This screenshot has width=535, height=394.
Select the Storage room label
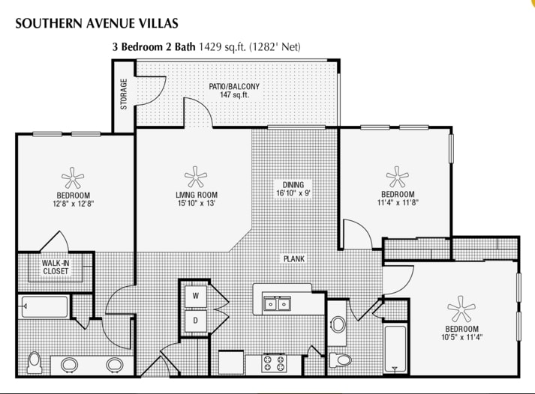click(x=124, y=94)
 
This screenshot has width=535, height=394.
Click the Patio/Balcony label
click(x=234, y=86)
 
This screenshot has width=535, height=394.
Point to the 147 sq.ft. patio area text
click(x=234, y=96)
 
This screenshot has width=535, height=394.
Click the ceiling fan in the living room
click(x=196, y=178)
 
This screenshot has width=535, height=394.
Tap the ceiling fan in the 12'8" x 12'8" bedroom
click(x=73, y=178)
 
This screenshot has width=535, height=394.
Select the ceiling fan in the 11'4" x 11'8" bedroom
click(x=397, y=178)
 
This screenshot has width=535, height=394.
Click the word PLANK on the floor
click(x=293, y=258)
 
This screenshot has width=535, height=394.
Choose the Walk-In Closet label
click(x=56, y=267)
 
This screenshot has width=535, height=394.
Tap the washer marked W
click(x=196, y=297)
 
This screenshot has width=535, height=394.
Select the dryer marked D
click(x=196, y=320)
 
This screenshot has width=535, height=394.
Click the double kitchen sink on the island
click(x=278, y=303)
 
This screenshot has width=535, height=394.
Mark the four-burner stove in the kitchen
click(x=273, y=363)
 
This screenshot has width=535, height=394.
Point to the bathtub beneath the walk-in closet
click(x=44, y=306)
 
